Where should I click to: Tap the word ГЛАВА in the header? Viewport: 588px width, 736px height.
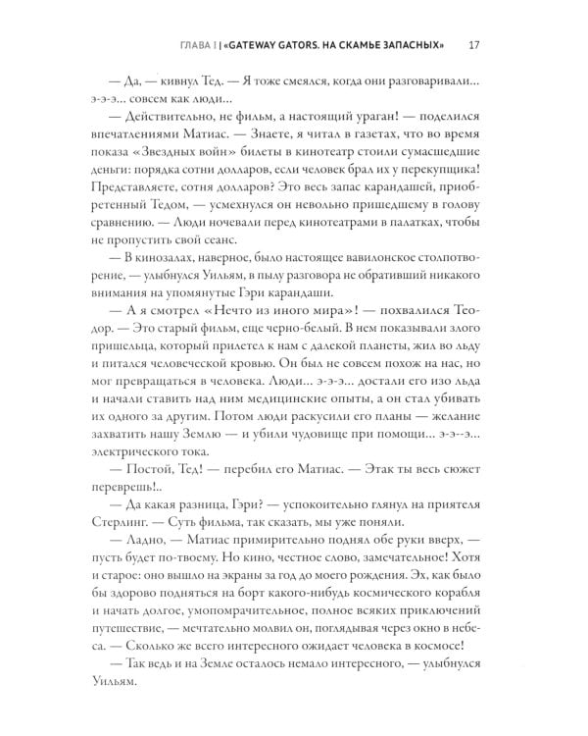213,44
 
